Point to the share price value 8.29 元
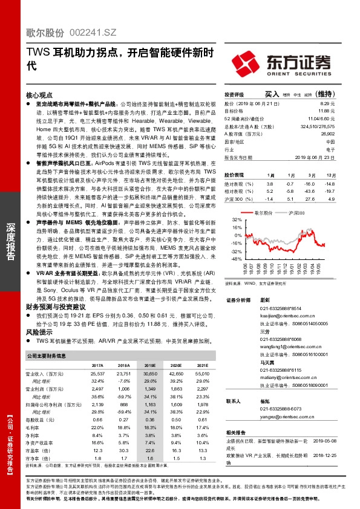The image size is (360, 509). pos(327,104)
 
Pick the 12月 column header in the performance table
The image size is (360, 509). pos(327,174)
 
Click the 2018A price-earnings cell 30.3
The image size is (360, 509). pos(125,450)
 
